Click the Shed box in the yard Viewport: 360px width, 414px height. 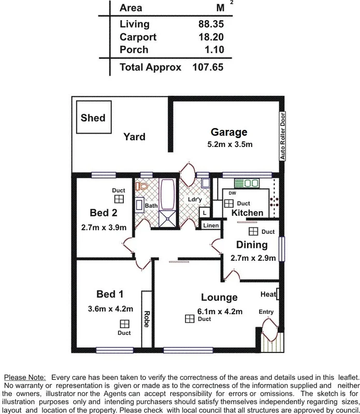coord(93,118)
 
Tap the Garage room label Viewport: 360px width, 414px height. coord(228,132)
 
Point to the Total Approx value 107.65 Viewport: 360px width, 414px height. coord(210,67)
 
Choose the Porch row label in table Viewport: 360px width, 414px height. coord(134,50)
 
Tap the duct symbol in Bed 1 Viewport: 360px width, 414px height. coord(124,324)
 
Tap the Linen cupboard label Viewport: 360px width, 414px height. coord(211,226)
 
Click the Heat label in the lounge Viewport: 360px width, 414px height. coord(268,294)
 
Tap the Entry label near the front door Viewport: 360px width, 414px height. coord(266,312)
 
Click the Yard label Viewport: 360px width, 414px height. coord(134,137)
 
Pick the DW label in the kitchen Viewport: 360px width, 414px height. coord(232,194)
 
